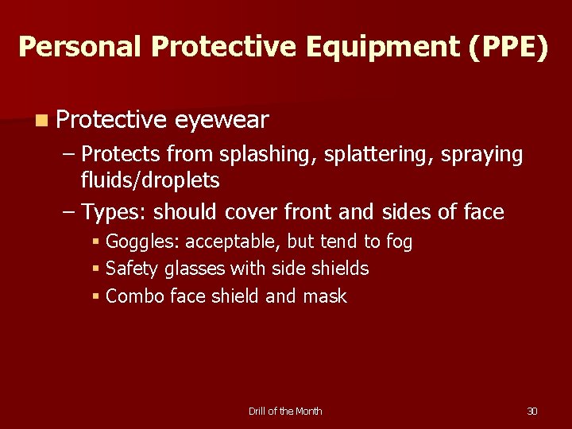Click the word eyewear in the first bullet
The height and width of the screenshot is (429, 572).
pos(222,120)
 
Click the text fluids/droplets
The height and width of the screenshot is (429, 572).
pos(150,180)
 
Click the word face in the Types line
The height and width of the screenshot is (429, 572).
pos(485,212)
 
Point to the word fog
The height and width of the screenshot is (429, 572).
pos(399,242)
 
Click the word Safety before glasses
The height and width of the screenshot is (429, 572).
pos(132,269)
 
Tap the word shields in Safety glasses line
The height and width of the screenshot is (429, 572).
pos(342,269)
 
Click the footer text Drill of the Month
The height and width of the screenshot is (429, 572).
pos(285,411)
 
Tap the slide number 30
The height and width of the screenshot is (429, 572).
pos(532,411)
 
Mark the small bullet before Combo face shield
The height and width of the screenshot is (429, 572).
pos(95,296)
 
